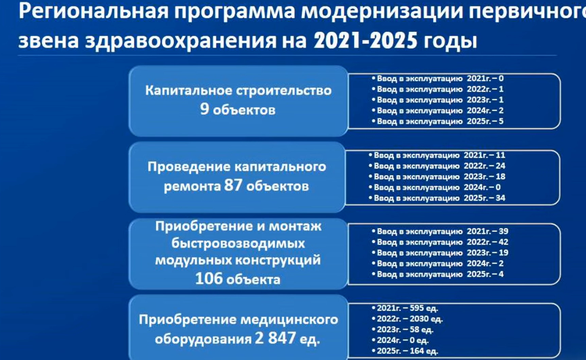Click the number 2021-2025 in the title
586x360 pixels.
(365, 40)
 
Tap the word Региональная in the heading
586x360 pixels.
(94, 11)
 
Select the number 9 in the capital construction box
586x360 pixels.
(205, 109)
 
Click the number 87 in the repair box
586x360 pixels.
(233, 185)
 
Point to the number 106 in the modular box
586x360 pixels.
(209, 278)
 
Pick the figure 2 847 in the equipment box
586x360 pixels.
(275, 338)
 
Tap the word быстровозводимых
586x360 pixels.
(238, 243)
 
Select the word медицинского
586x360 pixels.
(289, 320)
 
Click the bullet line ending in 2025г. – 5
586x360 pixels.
(438, 121)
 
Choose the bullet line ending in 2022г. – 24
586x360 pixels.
(437, 166)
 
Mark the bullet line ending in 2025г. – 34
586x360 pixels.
(437, 198)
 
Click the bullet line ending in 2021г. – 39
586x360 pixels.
(440, 231)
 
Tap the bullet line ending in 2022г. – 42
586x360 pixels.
(440, 242)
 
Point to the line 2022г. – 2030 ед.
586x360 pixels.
(407, 319)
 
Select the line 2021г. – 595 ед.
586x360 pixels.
(405, 308)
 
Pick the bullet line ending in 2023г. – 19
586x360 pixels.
(440, 253)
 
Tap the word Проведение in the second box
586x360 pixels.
(188, 167)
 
